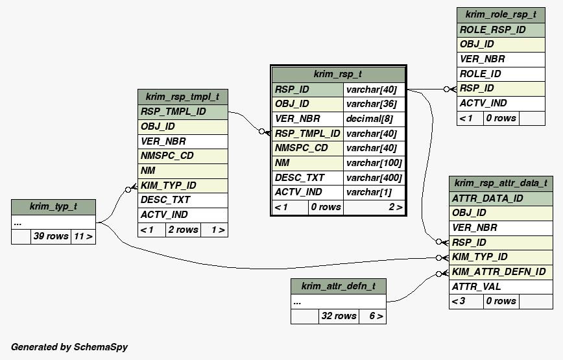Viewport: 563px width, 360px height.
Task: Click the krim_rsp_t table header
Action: [337, 75]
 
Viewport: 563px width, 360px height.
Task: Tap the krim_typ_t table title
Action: [53, 207]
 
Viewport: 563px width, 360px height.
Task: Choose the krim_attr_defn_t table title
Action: [338, 286]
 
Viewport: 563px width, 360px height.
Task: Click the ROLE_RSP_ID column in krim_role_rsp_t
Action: [493, 30]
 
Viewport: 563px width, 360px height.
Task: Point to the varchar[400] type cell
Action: [374, 178]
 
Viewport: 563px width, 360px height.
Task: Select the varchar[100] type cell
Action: [374, 163]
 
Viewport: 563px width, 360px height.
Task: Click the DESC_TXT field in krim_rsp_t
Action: [300, 178]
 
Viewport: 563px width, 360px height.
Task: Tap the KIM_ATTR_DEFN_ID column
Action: [499, 272]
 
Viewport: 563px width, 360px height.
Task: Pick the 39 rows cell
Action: [51, 236]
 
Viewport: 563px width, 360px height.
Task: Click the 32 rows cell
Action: [339, 316]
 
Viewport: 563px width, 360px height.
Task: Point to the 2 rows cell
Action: [183, 230]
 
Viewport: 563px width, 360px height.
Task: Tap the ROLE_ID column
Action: [481, 74]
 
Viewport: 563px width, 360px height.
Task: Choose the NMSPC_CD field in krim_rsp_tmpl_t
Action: [167, 156]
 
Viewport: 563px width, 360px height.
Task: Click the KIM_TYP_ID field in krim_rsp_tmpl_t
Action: [169, 186]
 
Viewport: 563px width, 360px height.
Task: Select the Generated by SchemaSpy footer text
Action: [69, 347]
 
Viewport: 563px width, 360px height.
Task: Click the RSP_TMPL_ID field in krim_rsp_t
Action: [307, 134]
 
